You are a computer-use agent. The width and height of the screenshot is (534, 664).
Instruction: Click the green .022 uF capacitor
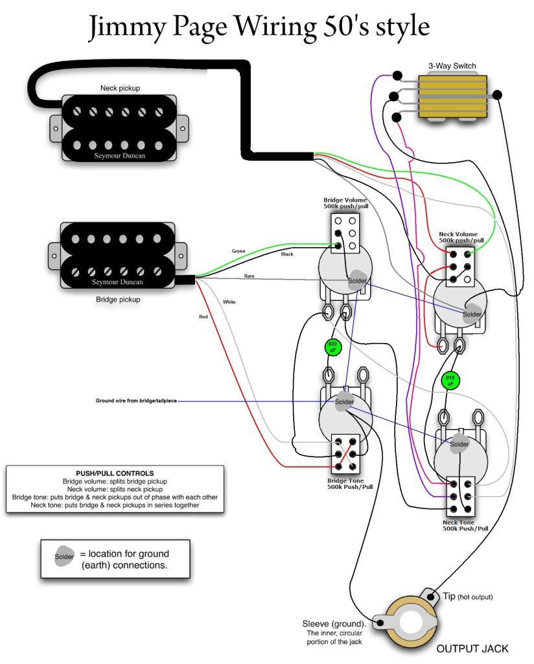(x=331, y=348)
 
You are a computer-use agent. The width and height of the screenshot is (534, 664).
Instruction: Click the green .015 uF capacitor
(x=449, y=380)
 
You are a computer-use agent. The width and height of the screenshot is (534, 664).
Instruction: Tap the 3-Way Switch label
(x=452, y=65)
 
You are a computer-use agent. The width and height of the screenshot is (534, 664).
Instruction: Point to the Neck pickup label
(x=120, y=88)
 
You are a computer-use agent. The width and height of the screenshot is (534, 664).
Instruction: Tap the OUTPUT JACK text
(x=472, y=648)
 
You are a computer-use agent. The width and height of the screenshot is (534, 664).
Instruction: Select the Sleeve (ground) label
(x=334, y=624)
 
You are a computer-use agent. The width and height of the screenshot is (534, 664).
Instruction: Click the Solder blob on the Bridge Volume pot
(x=356, y=280)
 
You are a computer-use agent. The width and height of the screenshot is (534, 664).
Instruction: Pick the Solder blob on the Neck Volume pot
(x=472, y=313)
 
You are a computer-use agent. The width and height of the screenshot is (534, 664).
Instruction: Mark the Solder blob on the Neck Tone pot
(x=459, y=444)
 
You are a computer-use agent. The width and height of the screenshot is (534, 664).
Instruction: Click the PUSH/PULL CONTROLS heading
(x=115, y=473)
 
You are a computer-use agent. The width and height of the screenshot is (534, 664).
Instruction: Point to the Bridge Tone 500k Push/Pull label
(x=350, y=483)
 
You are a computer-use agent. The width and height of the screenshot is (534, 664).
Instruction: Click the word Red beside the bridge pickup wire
(x=203, y=316)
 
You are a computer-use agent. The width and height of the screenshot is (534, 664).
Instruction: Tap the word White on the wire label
(x=229, y=302)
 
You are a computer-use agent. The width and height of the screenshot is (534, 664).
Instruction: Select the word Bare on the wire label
(x=250, y=276)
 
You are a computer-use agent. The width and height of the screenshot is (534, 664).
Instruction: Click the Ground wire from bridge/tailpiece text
(x=135, y=401)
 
